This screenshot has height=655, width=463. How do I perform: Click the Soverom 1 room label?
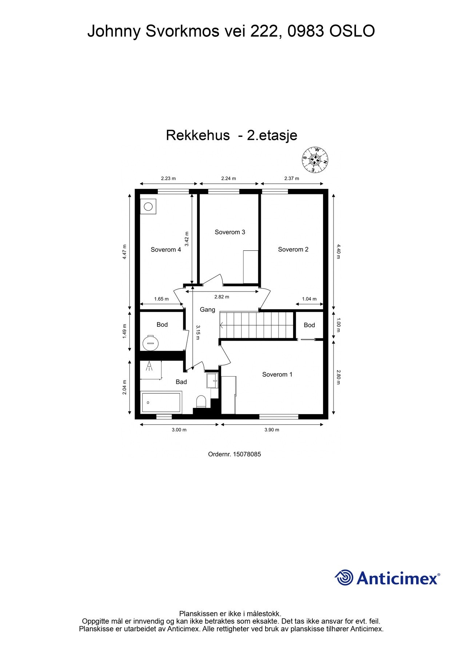click(x=277, y=374)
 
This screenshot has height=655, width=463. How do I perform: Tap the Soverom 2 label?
click(x=293, y=249)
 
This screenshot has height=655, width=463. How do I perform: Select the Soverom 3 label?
click(x=230, y=232)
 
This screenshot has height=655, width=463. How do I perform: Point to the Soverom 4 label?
click(x=166, y=250)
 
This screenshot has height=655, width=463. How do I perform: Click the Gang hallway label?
click(x=207, y=310)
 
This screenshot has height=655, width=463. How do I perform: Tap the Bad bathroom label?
click(x=181, y=382)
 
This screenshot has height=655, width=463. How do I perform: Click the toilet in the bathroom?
click(x=201, y=402)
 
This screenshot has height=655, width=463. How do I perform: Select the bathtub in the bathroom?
click(x=161, y=402)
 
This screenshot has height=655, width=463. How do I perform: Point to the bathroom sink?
click(x=212, y=381)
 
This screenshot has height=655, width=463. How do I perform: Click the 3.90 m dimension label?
click(x=272, y=430)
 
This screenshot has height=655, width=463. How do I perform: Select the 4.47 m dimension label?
click(x=124, y=251)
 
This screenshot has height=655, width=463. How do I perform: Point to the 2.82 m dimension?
click(x=221, y=297)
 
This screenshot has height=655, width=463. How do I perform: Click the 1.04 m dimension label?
click(x=309, y=299)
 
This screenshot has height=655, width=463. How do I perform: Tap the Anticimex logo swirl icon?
click(x=344, y=577)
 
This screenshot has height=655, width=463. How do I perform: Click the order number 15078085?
click(x=247, y=454)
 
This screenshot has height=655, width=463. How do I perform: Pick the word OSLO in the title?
click(x=352, y=31)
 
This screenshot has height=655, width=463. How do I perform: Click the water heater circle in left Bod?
click(x=151, y=342)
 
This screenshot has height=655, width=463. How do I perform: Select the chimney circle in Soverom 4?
click(x=148, y=207)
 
